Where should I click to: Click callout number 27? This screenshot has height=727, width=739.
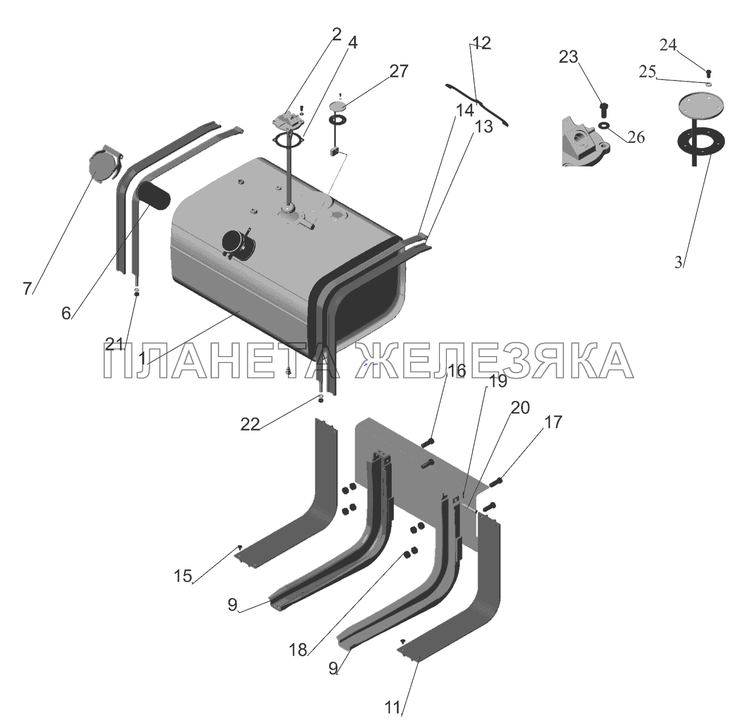(399, 71)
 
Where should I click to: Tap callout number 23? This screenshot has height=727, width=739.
(568, 57)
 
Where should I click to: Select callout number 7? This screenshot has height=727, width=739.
(27, 289)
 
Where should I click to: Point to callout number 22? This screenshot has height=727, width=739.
(250, 424)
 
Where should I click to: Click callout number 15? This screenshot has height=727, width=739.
(183, 576)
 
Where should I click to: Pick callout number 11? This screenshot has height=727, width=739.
(393, 708)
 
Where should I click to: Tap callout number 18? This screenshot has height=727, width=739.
(298, 650)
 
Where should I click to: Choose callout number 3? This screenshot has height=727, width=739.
(679, 263)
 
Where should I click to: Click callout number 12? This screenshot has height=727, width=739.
(482, 43)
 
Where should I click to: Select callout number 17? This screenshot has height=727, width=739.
(553, 422)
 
